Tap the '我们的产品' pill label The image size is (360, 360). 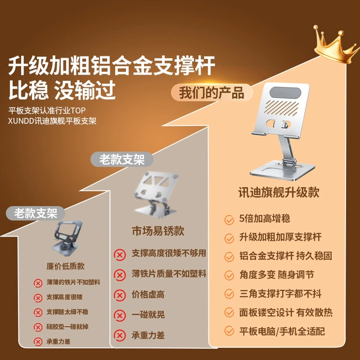point(212,92)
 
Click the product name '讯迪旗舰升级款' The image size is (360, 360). point(279,193)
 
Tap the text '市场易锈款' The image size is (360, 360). point(158,231)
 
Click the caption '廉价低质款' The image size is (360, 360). point(65,266)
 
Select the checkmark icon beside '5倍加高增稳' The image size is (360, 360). point(229,220)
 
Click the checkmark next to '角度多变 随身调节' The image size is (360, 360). point(229,275)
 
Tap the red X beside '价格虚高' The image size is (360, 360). point(119,295)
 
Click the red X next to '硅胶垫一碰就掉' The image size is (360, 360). point(38,327)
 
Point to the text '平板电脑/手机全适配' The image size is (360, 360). point(282,331)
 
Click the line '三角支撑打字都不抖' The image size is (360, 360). point(280,293)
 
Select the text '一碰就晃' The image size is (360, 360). point(148,314)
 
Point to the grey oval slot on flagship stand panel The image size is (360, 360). point(285,92)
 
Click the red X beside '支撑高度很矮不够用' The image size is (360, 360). point(119,255)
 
